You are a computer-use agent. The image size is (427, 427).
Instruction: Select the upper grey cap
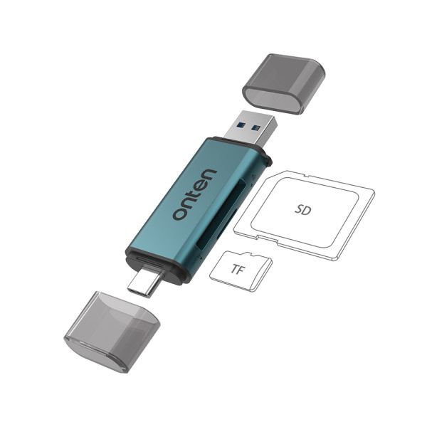(x=283, y=83)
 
